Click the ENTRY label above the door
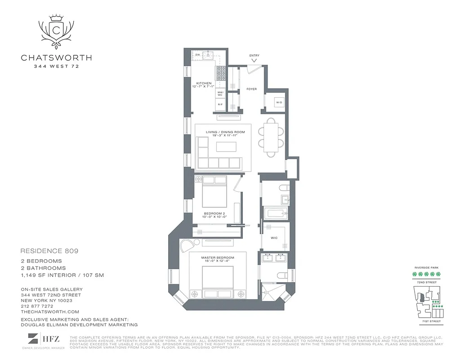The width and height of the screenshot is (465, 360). (x=254, y=56)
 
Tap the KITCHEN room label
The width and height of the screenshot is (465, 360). (x=203, y=84)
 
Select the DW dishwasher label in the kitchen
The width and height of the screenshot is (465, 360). (x=197, y=55)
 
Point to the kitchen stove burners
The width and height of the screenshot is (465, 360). (x=221, y=73)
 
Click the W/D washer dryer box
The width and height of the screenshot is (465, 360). (x=279, y=103)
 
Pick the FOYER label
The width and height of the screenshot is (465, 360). (x=251, y=89)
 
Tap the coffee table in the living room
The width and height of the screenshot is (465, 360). (x=226, y=148)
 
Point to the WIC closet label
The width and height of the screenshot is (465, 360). (x=273, y=238)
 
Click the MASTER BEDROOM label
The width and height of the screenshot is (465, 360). (x=218, y=256)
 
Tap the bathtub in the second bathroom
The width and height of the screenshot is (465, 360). (x=274, y=213)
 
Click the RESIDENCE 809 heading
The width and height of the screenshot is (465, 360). (x=49, y=251)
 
